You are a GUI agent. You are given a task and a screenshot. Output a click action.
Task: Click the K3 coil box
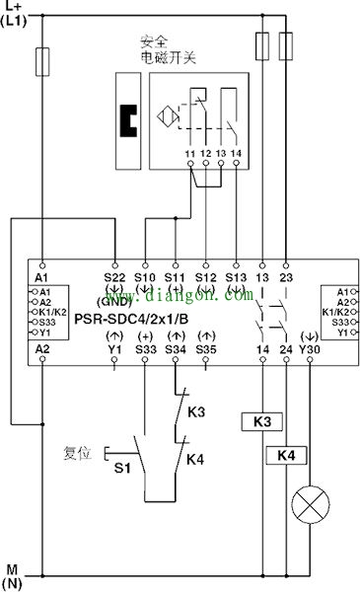(x=261, y=421)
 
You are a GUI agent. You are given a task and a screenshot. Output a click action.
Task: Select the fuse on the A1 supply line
(x=42, y=63)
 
